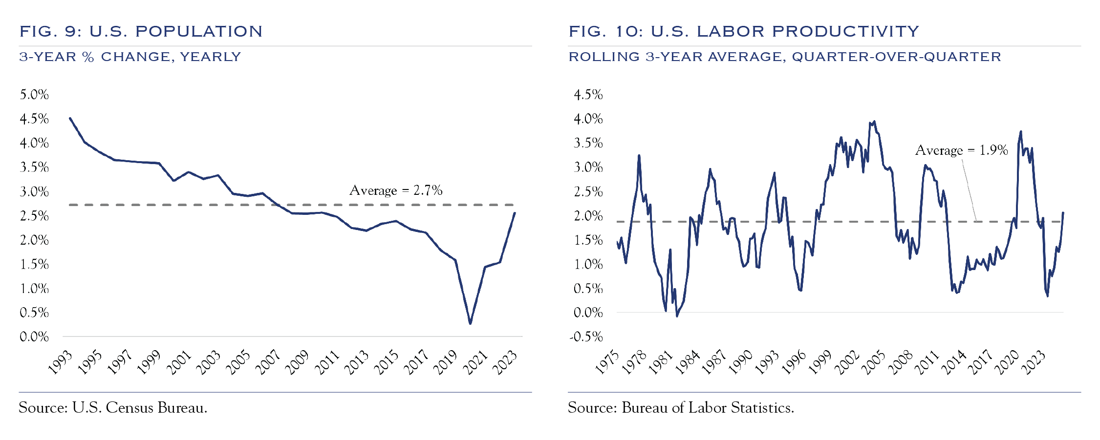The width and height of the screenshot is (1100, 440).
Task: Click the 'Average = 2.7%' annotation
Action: pos(396,190)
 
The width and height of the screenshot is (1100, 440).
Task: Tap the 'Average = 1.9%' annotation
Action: pos(961,150)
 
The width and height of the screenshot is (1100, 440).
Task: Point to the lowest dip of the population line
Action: pos(470,323)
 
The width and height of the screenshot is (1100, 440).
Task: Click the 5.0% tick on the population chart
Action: pos(34,95)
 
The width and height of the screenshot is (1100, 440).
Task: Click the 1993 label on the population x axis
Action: pos(61,362)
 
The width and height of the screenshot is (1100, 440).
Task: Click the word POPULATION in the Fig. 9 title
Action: pos(199,32)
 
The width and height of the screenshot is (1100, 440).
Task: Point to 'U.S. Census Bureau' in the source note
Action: pos(140,408)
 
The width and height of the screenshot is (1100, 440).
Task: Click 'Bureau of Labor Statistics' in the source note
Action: pos(708,408)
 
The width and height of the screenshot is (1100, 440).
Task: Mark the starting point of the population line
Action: pos(70,118)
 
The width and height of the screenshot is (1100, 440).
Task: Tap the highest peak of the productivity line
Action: pos(874,122)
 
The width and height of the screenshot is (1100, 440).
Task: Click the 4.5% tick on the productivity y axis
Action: pos(588,95)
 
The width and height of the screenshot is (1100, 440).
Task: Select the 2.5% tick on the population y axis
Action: pos(34,216)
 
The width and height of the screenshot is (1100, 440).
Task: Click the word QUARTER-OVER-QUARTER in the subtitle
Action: pos(896,57)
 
